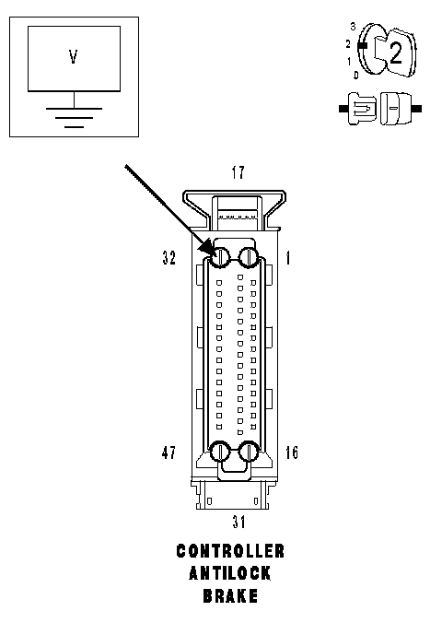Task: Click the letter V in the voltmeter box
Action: tap(73, 56)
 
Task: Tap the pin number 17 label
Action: tap(238, 173)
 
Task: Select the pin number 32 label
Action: tap(169, 258)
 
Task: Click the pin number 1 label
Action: tap(288, 258)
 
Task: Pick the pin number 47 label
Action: tap(169, 453)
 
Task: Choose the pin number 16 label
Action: tap(292, 453)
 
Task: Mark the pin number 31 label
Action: tap(239, 522)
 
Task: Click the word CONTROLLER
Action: tap(230, 551)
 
